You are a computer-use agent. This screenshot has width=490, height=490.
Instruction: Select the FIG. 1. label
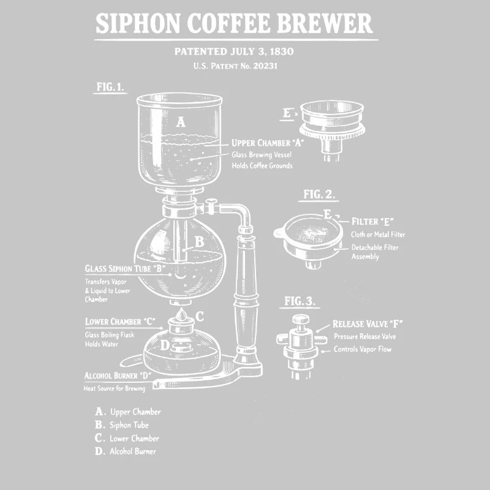(x=110, y=87)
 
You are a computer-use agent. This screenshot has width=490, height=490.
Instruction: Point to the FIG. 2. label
(x=319, y=195)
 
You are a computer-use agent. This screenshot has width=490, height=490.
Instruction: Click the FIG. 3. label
(x=300, y=301)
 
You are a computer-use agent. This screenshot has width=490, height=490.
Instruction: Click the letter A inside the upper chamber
(x=181, y=122)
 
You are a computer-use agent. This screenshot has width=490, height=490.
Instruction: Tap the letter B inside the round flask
(x=199, y=242)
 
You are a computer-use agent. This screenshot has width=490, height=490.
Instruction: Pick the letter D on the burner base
(x=164, y=345)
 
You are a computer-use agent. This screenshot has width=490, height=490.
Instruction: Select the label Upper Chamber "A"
(x=268, y=143)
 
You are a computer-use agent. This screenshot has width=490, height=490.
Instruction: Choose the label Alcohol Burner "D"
(x=118, y=375)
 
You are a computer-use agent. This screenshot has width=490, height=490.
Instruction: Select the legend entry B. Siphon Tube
(x=122, y=424)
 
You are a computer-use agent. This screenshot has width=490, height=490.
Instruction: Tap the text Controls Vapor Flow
(x=362, y=349)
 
